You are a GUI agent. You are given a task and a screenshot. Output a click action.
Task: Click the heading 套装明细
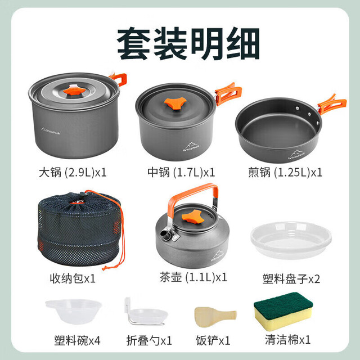pos(188,43)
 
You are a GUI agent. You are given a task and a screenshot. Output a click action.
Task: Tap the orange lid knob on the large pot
pos(74,90)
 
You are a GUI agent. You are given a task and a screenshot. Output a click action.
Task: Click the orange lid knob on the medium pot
pos(175,103)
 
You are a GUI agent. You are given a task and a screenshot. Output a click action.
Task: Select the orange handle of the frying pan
pos(332,105)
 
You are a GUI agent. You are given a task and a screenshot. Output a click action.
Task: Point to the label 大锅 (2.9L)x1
pos(73,172)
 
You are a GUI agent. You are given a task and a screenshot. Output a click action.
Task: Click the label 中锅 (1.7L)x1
pos(181,172)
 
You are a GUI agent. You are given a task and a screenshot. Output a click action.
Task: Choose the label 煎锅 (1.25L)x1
pos(285,172)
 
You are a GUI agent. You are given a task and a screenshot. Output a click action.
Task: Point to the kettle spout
pos(166,235)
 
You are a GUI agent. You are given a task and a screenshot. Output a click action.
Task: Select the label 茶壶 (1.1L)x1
pos(193,277)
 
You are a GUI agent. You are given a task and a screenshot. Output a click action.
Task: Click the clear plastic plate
pos(291,240)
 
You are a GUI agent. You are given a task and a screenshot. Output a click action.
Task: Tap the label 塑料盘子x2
pos(291,279)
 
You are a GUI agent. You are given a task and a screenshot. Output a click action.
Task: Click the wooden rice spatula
pos(215,317)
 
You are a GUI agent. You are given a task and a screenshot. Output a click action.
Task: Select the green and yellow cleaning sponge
pos(283,311)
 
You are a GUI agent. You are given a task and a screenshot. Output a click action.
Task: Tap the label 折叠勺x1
pos(149,340)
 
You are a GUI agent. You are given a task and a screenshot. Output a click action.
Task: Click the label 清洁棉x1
pos(287,340)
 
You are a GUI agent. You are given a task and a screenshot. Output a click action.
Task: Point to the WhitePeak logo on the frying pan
pos(296,154)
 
